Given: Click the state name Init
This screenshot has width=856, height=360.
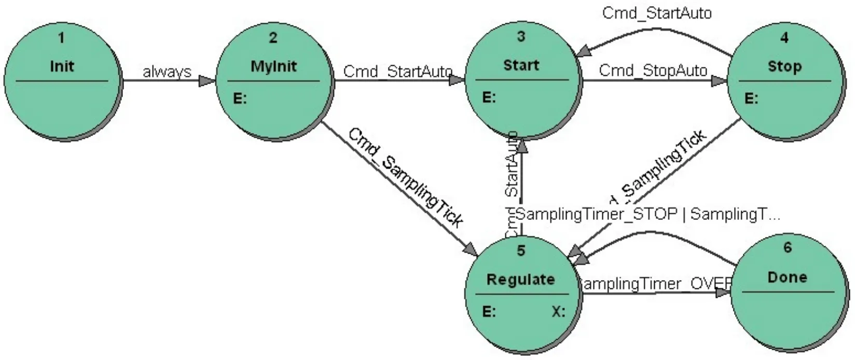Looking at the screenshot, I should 62,66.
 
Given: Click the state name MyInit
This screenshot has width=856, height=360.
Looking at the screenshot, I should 273,66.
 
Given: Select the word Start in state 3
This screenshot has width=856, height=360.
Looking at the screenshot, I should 521,65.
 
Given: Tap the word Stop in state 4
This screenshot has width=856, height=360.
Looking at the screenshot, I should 784,66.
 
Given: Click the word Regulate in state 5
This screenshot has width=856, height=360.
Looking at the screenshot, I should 520,280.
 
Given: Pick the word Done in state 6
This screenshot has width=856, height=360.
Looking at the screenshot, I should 787,277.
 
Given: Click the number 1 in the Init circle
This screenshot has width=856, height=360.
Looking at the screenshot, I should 62,38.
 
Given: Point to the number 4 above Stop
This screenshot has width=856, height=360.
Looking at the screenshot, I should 784,37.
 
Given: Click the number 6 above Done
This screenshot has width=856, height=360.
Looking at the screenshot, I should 787,248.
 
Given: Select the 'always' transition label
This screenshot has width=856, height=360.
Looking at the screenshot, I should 167,72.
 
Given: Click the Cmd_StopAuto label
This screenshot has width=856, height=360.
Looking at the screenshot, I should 653,70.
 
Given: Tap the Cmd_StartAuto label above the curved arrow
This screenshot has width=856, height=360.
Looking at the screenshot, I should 656,13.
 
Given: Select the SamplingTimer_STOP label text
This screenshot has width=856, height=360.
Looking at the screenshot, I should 597,214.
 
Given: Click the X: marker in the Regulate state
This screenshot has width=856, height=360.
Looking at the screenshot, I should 558,312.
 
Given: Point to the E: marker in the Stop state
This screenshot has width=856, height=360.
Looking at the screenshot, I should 751,98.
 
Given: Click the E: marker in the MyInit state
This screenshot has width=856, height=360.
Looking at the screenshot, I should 240,98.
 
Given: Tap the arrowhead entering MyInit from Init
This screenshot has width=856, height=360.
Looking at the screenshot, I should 208,81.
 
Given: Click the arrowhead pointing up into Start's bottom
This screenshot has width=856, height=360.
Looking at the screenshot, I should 522,146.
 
